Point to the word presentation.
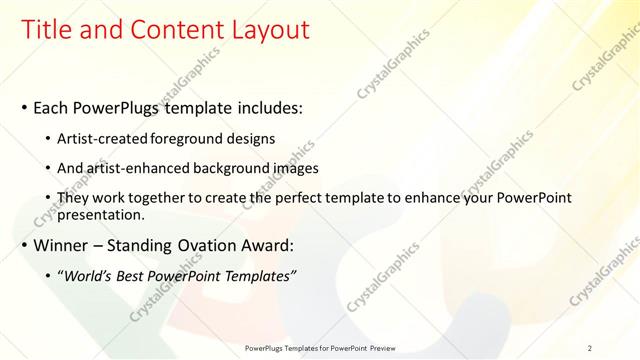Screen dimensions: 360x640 point(102,214)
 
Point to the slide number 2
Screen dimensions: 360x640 point(590,347)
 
